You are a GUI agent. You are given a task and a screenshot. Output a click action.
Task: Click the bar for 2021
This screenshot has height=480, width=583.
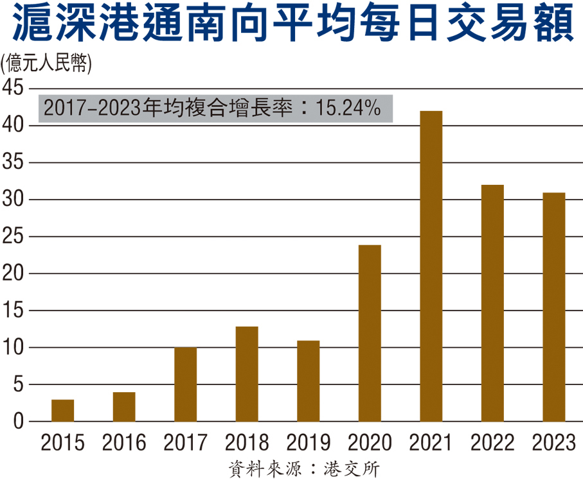click(x=431, y=266)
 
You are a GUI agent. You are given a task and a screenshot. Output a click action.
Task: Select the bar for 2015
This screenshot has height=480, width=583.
click(x=62, y=411)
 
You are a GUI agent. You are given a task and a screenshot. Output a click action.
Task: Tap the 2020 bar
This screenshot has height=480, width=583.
click(x=370, y=333)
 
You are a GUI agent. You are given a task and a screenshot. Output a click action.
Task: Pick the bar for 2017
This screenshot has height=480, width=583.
click(x=185, y=384)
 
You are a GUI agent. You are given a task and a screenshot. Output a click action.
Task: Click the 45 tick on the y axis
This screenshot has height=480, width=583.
click(x=13, y=88)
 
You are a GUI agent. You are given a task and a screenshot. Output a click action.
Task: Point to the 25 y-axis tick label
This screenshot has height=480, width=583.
click(x=13, y=237)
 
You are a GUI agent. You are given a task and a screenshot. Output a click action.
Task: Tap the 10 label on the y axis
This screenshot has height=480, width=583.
click(x=13, y=348)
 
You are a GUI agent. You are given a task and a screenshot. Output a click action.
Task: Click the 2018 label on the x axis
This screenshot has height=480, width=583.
click(x=247, y=443)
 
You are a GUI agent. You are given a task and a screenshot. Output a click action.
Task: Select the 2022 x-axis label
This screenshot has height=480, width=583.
click(x=492, y=443)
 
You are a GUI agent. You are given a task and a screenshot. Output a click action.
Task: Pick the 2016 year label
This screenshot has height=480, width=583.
click(x=124, y=443)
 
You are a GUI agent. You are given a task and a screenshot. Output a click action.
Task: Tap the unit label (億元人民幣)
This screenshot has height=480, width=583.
click(x=46, y=64)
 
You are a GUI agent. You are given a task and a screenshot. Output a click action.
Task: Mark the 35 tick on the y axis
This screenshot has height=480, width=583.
click(x=13, y=162)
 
